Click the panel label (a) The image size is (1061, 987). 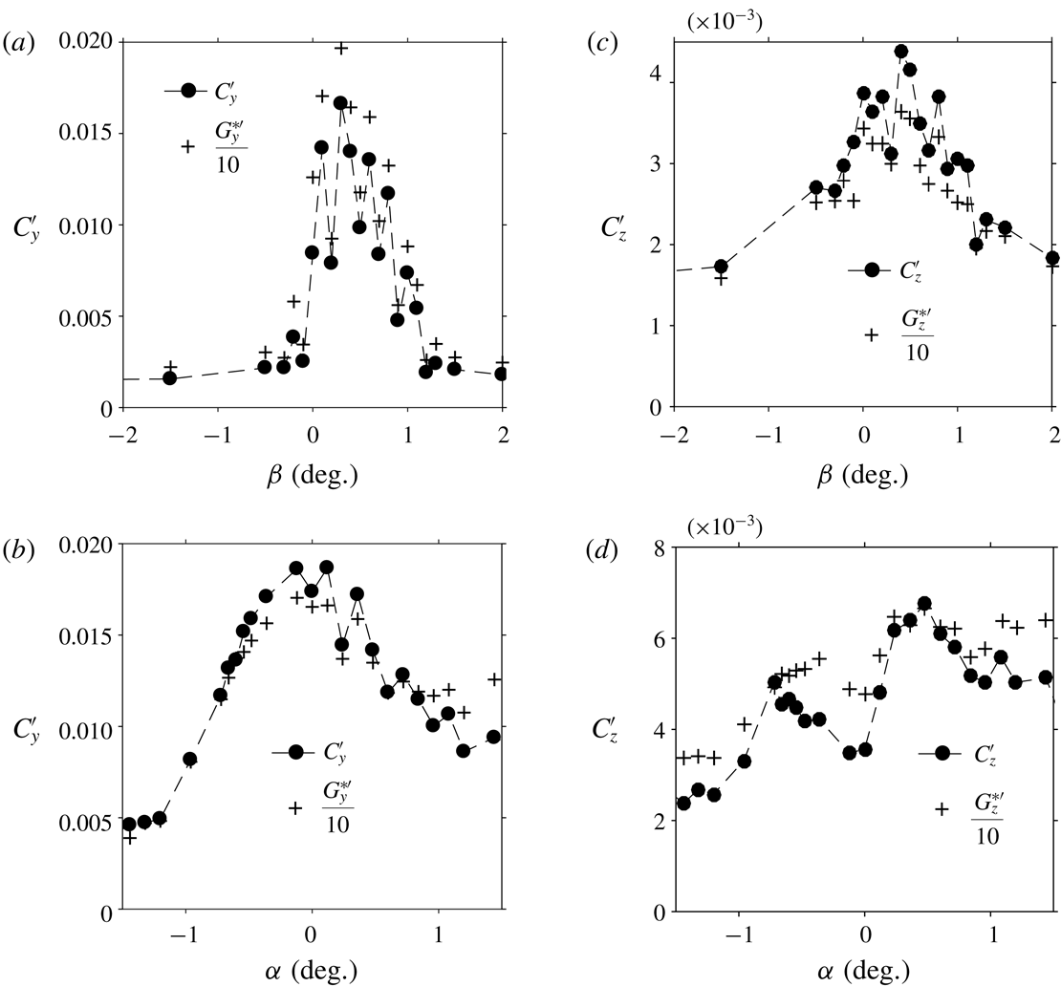point(15,42)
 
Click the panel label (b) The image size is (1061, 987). point(15,546)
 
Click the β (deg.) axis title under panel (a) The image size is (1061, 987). point(313,475)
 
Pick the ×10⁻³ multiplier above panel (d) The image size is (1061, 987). point(724,525)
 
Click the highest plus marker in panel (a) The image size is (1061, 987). point(340,48)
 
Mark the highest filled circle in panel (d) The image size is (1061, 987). point(923,604)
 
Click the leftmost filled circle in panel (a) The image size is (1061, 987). point(169,378)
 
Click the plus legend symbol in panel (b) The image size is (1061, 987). point(296,807)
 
